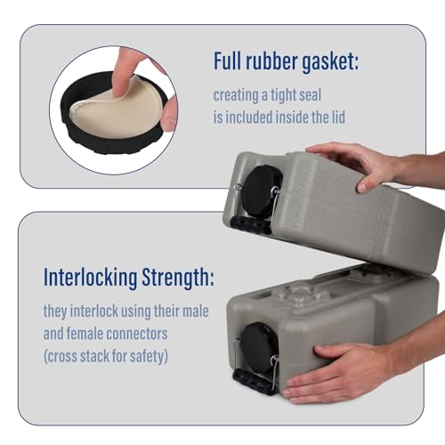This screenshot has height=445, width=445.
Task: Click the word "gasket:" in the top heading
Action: tap(330, 61)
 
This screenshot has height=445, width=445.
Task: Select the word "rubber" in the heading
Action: tap(271, 61)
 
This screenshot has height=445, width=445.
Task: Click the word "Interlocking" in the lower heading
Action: tap(91, 278)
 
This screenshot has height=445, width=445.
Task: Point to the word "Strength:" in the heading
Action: tap(178, 278)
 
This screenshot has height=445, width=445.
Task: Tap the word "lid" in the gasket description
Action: tap(338, 117)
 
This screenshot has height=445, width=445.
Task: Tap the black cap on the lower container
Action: tap(259, 348)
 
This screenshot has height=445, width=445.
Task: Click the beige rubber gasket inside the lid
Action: tap(116, 114)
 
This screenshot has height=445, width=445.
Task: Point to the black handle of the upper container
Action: tap(251, 225)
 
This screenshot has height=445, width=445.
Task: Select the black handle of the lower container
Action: tap(255, 382)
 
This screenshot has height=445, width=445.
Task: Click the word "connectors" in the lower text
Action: tap(137, 334)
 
